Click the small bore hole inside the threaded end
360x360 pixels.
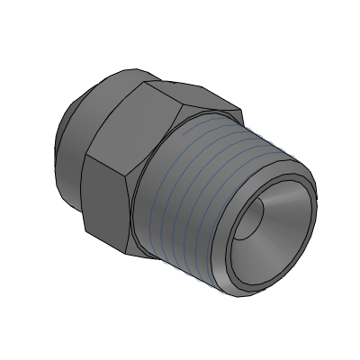[x=256, y=217]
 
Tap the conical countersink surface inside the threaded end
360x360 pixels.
[x=279, y=225]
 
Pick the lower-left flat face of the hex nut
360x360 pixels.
[x=106, y=202]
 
